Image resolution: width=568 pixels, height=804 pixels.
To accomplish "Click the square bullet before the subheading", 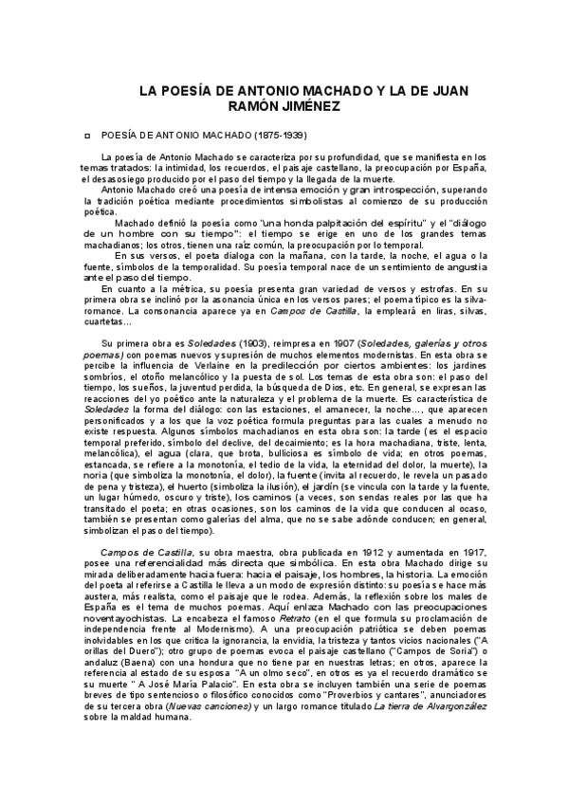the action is pos(88,136).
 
